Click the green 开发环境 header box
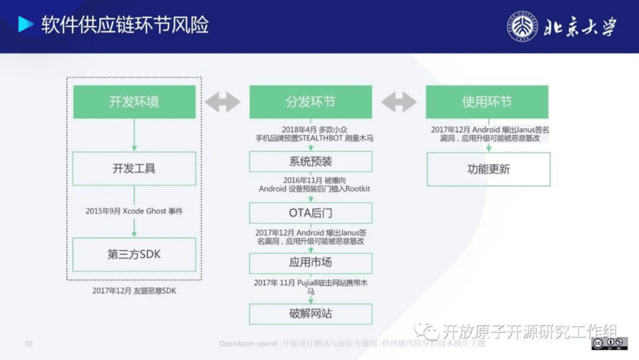point(134,102)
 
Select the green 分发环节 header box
point(310,102)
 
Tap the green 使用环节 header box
point(487,102)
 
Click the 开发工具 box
point(134,168)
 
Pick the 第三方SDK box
point(134,254)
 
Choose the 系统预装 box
point(310,161)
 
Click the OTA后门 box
point(310,213)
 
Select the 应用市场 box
point(310,263)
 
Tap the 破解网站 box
point(310,314)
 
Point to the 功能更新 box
point(488,169)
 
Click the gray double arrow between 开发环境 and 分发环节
point(223,102)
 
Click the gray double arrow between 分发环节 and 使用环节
point(399,102)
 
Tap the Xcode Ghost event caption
point(134,211)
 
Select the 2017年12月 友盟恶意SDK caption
point(134,291)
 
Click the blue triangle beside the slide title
point(25,24)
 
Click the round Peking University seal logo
point(522,27)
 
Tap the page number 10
point(28,343)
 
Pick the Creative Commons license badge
point(610,343)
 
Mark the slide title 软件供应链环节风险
point(125,25)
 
